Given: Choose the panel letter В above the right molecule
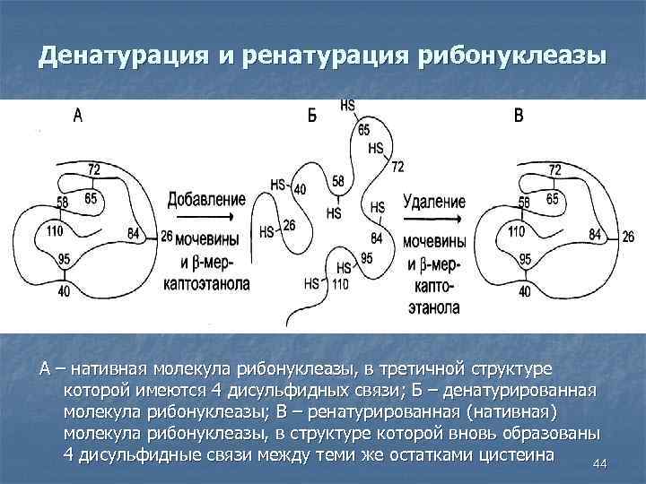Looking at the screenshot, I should (x=519, y=116).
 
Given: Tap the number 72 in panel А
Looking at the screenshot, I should (x=94, y=169).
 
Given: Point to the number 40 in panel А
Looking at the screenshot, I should (x=64, y=290).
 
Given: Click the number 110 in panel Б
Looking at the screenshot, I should (x=339, y=284).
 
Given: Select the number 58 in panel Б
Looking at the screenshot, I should (x=337, y=182).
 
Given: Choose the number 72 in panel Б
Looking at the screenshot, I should (x=397, y=167).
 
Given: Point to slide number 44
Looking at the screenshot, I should (x=601, y=463).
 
